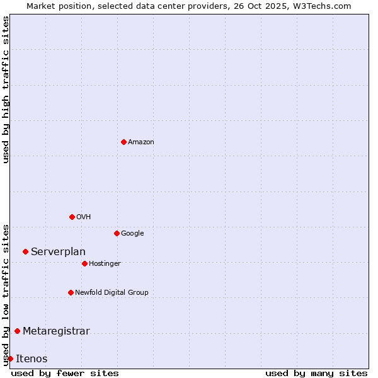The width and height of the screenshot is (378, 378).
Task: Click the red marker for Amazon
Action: pyautogui.click(x=123, y=142)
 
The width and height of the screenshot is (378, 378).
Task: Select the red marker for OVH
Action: pyautogui.click(x=72, y=217)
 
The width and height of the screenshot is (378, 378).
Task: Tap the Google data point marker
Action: pyautogui.click(x=117, y=233)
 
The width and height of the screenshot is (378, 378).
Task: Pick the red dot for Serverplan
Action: pyautogui.click(x=25, y=251)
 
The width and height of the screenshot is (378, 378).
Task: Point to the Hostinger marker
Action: pyautogui.click(x=84, y=263)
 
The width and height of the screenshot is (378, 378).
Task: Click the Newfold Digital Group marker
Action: pyautogui.click(x=71, y=292)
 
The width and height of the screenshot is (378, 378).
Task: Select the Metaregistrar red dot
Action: pyautogui.click(x=17, y=331)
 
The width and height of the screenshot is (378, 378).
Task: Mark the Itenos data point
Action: pyautogui.click(x=10, y=358)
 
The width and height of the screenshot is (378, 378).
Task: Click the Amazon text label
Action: pyautogui.click(x=141, y=142)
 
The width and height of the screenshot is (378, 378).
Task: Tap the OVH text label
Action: pyautogui.click(x=84, y=217)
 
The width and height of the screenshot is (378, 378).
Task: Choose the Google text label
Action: pyautogui.click(x=132, y=234)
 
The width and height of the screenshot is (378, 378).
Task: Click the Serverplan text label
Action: pyautogui.click(x=58, y=252)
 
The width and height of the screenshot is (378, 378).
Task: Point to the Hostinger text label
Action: pyautogui.click(x=105, y=264)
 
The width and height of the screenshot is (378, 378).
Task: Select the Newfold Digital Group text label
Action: pyautogui.click(x=112, y=293)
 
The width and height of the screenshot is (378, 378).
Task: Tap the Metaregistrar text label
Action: pyautogui.click(x=56, y=331)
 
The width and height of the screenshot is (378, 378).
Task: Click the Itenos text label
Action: pyautogui.click(x=31, y=359)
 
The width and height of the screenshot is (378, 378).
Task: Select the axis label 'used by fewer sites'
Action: pyautogui.click(x=65, y=373)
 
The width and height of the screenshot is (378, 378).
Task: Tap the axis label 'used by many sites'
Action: pyautogui.click(x=316, y=373)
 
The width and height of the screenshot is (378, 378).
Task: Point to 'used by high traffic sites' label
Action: pyautogui.click(x=6, y=89)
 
